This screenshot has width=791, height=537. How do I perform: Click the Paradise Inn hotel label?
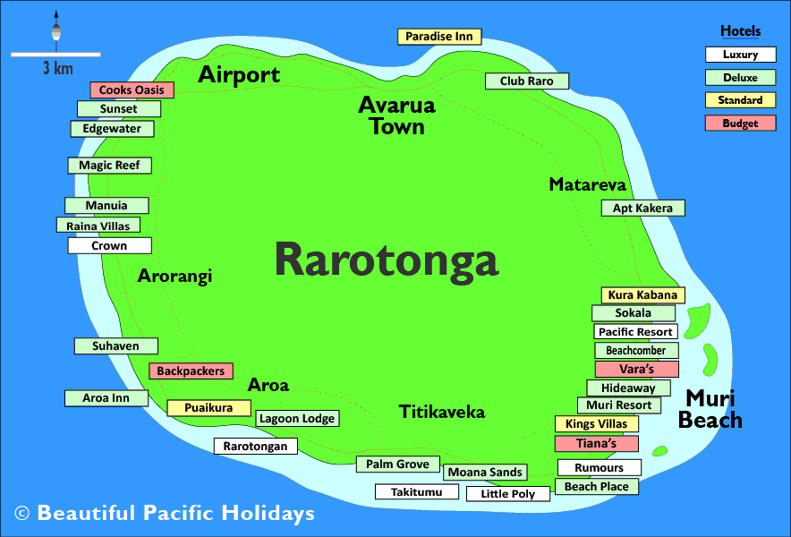coord(439,37)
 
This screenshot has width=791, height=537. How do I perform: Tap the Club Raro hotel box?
coord(527,81)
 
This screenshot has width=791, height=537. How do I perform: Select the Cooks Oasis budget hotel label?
coord(132,90)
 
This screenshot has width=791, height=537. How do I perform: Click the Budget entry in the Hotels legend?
coord(740,124)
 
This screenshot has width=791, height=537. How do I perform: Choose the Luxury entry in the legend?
coord(740,55)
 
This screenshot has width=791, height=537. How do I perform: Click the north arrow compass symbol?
coord(55,29)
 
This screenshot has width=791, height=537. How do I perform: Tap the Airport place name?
coord(239,75)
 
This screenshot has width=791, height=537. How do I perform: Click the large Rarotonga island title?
coord(386,260)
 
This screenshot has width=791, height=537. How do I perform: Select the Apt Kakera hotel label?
coord(642,209)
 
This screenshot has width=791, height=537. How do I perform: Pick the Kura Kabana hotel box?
coord(642,295)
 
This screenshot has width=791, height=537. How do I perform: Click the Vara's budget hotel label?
coord(636,369)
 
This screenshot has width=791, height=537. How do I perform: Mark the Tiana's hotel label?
coord(597,444)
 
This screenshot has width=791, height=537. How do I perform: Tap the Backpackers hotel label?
coord(191,371)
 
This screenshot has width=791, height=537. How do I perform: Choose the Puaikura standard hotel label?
coord(208,408)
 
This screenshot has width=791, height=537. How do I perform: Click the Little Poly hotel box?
coord(507,494)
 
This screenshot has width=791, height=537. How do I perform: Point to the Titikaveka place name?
coord(442,412)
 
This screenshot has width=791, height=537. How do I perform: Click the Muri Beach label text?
coord(710,408)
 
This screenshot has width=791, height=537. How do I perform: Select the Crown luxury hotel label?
coord(109,245)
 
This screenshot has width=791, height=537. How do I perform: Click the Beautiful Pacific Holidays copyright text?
coord(165,514)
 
